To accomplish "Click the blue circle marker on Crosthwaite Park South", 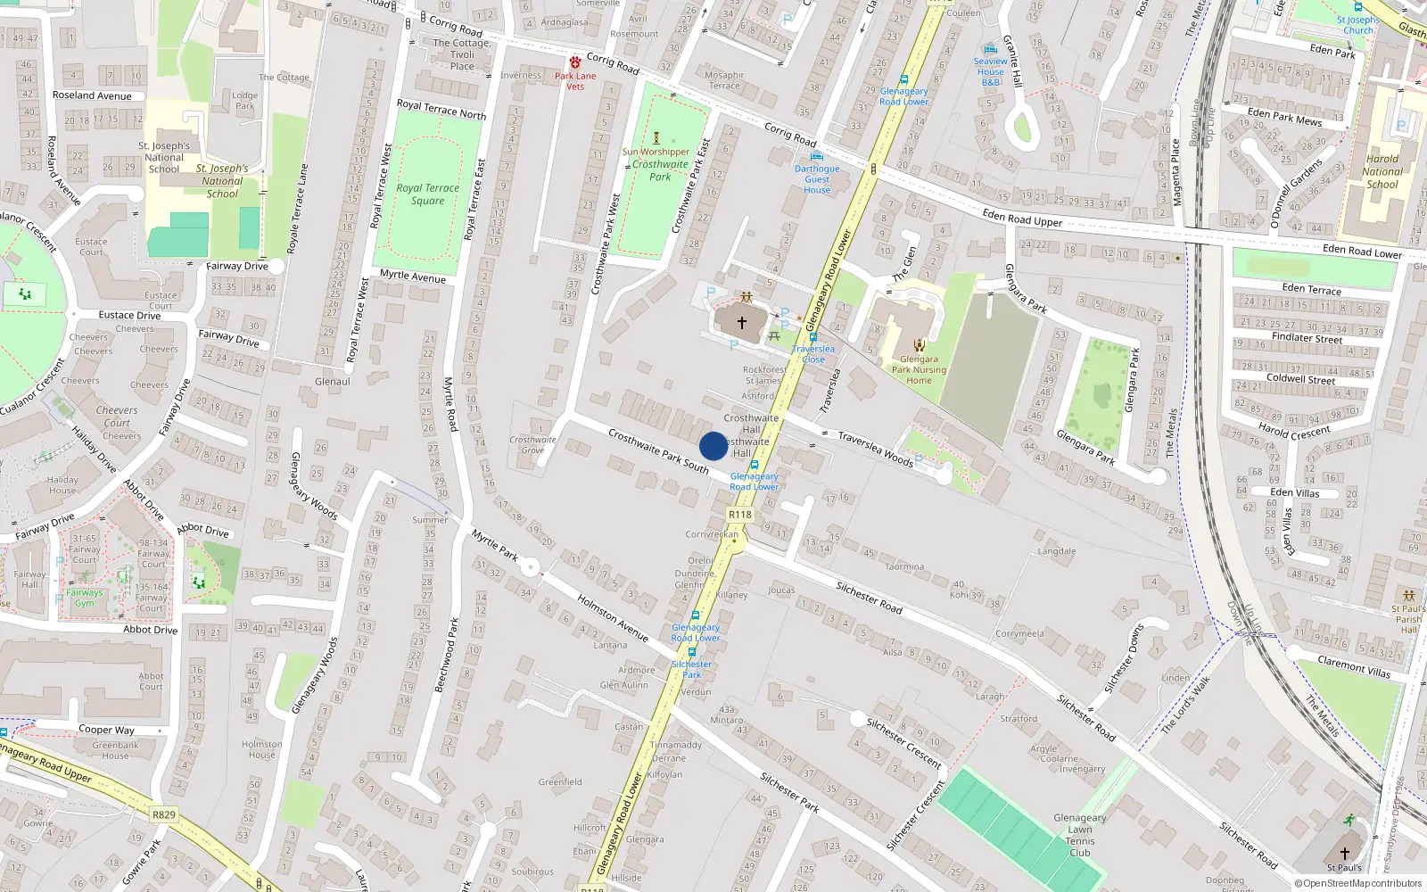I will tap(713, 446).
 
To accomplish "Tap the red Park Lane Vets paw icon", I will tap(575, 62).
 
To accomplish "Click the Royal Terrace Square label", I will tap(428, 194).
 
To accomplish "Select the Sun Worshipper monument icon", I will tap(656, 138).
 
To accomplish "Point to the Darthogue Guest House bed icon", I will tap(817, 157).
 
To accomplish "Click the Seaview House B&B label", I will tap(990, 71).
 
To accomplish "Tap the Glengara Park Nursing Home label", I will tap(919, 370).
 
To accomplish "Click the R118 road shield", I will tap(739, 515).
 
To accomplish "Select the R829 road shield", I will tap(164, 814).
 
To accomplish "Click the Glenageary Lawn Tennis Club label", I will tap(1079, 835).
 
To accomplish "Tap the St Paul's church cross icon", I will tap(1344, 854).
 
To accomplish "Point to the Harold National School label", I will tap(1382, 171).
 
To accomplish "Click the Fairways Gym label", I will tap(84, 598).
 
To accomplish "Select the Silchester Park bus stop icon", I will tap(691, 652).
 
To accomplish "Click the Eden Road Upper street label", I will tap(1022, 219).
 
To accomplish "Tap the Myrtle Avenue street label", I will tap(412, 277).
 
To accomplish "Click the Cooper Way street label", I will tap(106, 730).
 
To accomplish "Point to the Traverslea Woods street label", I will tap(875, 449).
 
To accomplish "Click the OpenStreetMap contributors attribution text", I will tap(1358, 883).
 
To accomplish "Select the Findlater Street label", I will tap(1307, 338).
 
